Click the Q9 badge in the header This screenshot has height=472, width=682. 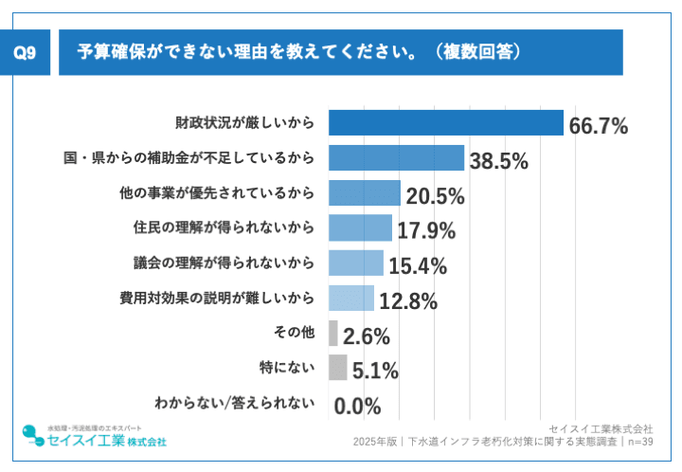pyautogui.click(x=27, y=52)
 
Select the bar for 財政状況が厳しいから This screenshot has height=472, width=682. pyautogui.click(x=445, y=123)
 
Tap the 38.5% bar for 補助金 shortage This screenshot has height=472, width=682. pyautogui.click(x=396, y=158)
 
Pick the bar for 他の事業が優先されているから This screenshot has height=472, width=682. pyautogui.click(x=364, y=193)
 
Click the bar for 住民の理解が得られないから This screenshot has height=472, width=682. pyautogui.click(x=360, y=228)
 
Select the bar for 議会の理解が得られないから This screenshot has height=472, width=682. pyautogui.click(x=355, y=263)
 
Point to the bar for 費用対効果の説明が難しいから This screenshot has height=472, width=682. pyautogui.click(x=350, y=299)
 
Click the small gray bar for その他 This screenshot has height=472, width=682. pyautogui.click(x=333, y=334)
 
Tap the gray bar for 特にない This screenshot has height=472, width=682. pyautogui.click(x=337, y=369)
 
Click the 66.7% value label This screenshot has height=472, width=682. pyautogui.click(x=599, y=125)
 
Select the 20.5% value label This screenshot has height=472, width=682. pyautogui.click(x=435, y=196)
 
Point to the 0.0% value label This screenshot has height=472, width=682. pyautogui.click(x=358, y=407)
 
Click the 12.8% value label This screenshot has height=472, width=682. pyautogui.click(x=408, y=301)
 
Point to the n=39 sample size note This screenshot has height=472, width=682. pyautogui.click(x=638, y=442)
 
